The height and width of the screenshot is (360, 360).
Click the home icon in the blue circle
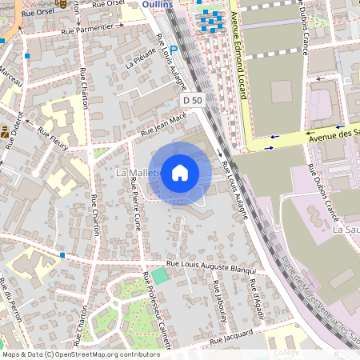[x=180, y=172]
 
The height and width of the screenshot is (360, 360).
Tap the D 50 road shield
[x=192, y=100]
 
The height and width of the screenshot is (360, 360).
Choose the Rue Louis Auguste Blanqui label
[x=210, y=266]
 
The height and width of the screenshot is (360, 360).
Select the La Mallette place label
[x=132, y=172]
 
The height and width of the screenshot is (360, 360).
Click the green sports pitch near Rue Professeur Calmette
[x=161, y=276]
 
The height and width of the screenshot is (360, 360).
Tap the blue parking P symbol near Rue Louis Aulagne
[x=173, y=49]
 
